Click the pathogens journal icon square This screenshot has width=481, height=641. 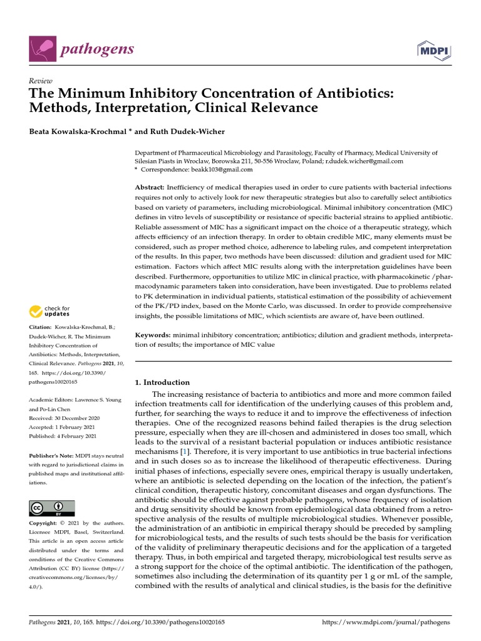click(x=41, y=50)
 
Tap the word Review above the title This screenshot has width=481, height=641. click(x=41, y=81)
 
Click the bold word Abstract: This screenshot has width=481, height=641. click(x=150, y=188)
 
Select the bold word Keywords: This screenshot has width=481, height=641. click(x=153, y=336)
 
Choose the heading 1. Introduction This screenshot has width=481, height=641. click(x=162, y=382)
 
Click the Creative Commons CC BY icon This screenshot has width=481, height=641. click(x=52, y=508)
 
